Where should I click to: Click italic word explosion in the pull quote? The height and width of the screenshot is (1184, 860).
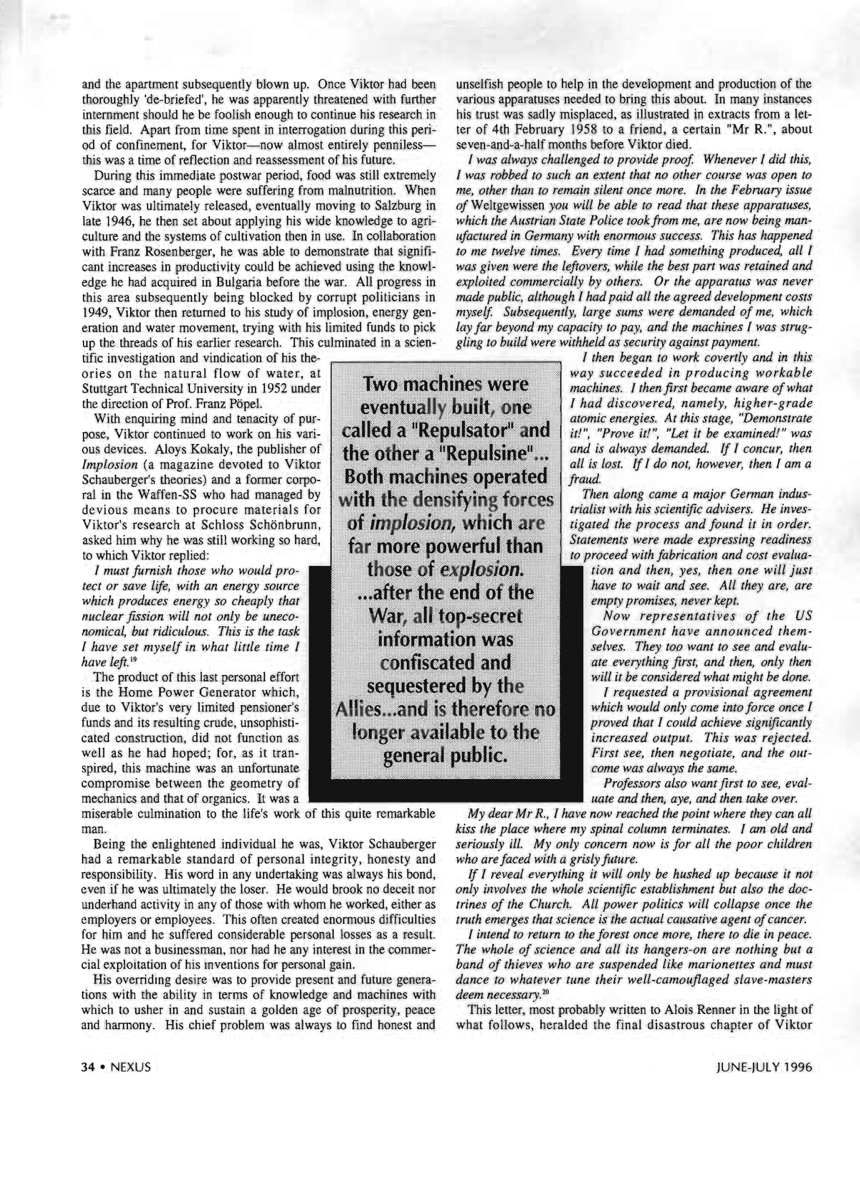click(x=482, y=569)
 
